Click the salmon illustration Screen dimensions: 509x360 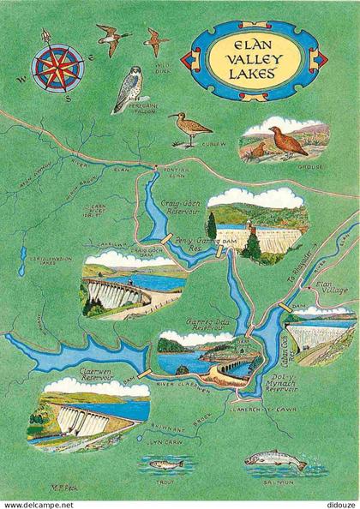275,462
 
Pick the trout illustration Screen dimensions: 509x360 165,464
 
